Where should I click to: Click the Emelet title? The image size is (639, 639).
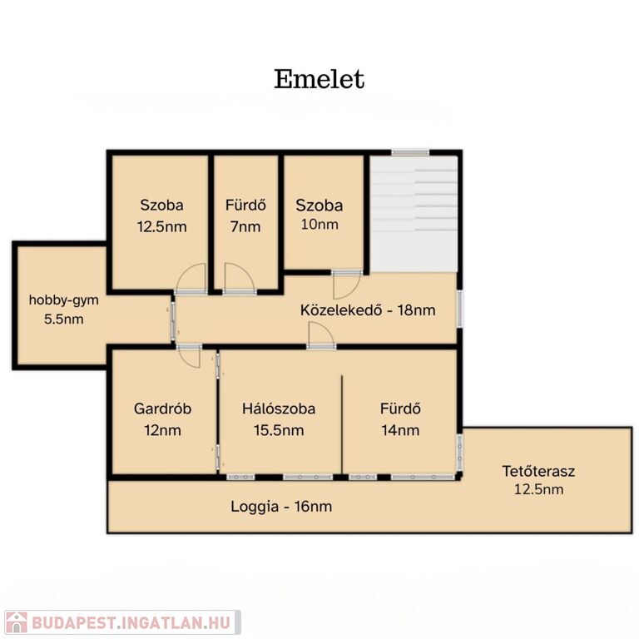click(319, 79)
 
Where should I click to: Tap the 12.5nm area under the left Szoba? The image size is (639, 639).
click(161, 226)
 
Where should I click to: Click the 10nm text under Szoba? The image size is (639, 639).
click(319, 224)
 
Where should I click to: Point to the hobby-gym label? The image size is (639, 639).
click(64, 300)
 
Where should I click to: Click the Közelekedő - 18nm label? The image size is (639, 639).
click(368, 310)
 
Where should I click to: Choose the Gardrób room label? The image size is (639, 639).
click(162, 409)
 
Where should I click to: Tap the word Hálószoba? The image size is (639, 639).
click(279, 409)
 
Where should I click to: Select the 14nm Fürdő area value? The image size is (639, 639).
click(400, 430)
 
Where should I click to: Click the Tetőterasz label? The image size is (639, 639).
click(538, 471)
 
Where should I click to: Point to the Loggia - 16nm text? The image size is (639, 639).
click(281, 507)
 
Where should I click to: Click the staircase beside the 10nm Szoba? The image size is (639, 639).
click(414, 214)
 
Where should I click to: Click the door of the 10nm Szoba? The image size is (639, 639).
click(346, 285)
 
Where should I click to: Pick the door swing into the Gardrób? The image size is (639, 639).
click(190, 357)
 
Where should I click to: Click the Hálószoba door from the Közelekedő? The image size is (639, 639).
click(321, 335)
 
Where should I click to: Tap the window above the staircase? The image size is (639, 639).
click(410, 152)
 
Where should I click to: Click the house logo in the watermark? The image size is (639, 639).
click(17, 622)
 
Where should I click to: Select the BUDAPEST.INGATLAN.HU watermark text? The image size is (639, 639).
click(131, 622)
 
